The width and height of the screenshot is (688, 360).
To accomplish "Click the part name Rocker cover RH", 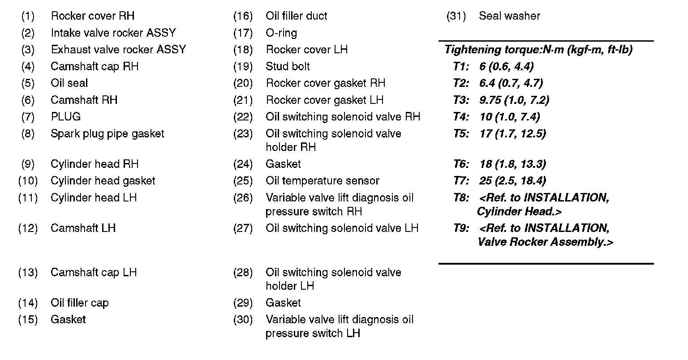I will click(x=92, y=16).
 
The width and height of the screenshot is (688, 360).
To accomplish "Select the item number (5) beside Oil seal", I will click(x=28, y=83).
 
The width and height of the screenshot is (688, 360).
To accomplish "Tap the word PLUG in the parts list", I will click(x=66, y=117).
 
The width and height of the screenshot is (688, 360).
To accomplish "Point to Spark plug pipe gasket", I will click(x=107, y=134).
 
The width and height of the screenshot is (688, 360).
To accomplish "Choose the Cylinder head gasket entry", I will click(x=103, y=181).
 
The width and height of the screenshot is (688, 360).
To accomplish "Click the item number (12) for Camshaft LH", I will click(x=28, y=228).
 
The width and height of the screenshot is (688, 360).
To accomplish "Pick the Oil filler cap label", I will click(x=80, y=303).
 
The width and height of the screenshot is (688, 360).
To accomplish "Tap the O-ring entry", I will click(x=281, y=33).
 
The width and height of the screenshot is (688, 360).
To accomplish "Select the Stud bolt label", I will click(x=288, y=67).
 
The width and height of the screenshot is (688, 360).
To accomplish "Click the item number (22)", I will click(x=243, y=117).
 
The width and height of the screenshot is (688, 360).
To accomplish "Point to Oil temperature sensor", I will click(x=322, y=181).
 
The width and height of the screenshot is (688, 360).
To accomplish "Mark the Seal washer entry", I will click(x=509, y=16).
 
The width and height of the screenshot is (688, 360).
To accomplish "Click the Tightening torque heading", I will click(x=538, y=50).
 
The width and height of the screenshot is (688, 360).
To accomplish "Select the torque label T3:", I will click(x=461, y=100).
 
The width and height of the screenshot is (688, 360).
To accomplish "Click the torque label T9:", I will click(x=461, y=228).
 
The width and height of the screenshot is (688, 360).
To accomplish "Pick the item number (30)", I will click(x=243, y=320).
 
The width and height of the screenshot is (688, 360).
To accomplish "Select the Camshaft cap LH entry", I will click(x=94, y=273).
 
